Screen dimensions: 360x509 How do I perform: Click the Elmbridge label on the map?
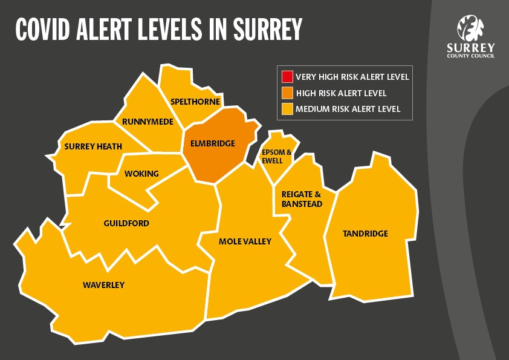point(212,143)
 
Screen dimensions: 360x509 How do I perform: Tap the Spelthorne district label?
point(195,102)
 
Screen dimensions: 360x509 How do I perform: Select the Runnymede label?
point(148,122)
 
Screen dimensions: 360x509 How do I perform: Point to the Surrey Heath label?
point(93,146)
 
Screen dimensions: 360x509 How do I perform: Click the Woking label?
point(141,174)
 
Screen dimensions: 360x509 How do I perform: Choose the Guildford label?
point(126,223)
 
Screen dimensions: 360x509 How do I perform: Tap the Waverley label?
point(103,285)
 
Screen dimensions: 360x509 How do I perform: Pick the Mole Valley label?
point(245,241)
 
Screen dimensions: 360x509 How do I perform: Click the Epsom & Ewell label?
point(276,156)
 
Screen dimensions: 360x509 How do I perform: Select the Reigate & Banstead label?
point(302,199)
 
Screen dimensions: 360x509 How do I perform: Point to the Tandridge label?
point(365,234)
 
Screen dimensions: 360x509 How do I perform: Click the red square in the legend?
point(287,77)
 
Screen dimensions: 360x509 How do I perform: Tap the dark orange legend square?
point(287,93)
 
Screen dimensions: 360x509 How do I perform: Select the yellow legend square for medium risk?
point(287,109)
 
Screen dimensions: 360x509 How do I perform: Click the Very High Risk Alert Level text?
point(352,77)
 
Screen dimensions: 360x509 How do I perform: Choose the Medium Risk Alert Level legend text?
point(348,109)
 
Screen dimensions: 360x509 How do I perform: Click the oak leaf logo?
point(470,28)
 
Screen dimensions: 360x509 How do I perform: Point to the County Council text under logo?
point(470,55)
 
